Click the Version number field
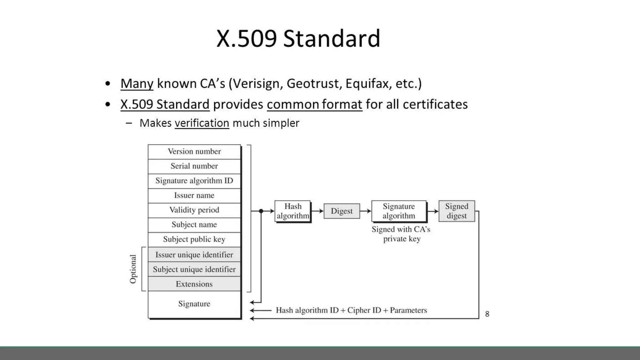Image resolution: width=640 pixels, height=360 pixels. (x=194, y=152)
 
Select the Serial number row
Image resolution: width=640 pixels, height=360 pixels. (x=194, y=166)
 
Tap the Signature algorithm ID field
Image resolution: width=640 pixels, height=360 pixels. (x=194, y=181)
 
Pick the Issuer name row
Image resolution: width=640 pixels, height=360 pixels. (x=194, y=196)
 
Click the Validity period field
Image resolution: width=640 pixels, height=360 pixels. (x=194, y=210)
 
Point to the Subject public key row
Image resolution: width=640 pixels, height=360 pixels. (x=194, y=239)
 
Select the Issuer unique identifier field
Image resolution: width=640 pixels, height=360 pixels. (x=194, y=255)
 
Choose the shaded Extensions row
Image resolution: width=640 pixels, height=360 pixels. (x=194, y=284)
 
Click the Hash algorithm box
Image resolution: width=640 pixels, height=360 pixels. (x=292, y=211)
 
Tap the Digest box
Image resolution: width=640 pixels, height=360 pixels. (x=342, y=211)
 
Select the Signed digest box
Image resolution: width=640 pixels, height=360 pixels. (x=457, y=211)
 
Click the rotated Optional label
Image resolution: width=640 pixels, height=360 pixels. (x=133, y=269)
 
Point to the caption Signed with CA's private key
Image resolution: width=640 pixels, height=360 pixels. (x=401, y=234)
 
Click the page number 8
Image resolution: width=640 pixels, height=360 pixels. (x=487, y=314)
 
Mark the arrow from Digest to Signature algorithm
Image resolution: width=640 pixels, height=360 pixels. (x=366, y=211)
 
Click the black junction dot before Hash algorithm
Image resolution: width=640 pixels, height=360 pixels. (x=261, y=211)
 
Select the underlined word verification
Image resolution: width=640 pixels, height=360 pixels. (x=202, y=123)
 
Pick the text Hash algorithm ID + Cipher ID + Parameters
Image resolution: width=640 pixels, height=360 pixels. (x=351, y=310)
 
